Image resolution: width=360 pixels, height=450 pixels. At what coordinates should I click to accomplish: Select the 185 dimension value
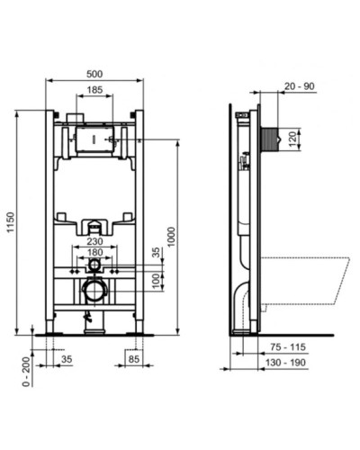(94, 90)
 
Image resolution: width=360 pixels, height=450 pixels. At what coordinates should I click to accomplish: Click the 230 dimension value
(94, 240)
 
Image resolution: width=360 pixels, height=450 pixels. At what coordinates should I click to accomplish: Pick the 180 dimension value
(94, 253)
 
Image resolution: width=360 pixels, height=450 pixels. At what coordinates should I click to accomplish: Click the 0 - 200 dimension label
(11, 370)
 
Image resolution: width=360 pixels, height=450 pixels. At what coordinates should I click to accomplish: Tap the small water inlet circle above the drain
(94, 267)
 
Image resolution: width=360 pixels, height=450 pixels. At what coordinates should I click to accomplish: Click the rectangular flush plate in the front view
(94, 139)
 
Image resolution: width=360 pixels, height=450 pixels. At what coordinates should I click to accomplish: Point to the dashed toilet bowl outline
(301, 274)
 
